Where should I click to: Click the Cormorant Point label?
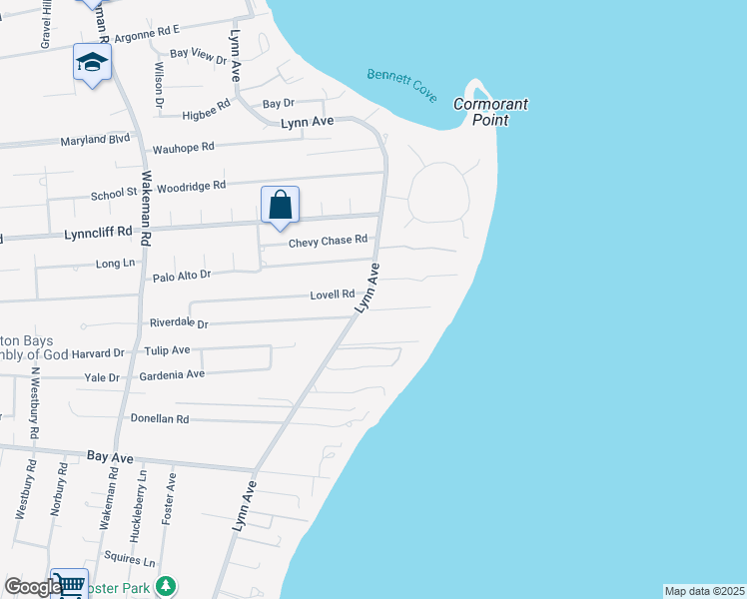(x=490, y=111)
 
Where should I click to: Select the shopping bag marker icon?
(x=281, y=206)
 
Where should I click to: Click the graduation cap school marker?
(x=92, y=64)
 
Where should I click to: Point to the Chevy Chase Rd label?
(x=329, y=241)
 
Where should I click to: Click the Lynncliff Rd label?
(x=98, y=232)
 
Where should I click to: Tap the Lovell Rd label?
(x=333, y=295)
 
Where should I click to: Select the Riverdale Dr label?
(x=178, y=323)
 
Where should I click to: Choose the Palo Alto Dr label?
(x=181, y=275)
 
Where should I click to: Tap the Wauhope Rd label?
(x=183, y=148)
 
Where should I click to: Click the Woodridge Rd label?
(x=192, y=186)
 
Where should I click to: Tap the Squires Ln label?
(x=136, y=562)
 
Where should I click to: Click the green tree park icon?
(x=172, y=585)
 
